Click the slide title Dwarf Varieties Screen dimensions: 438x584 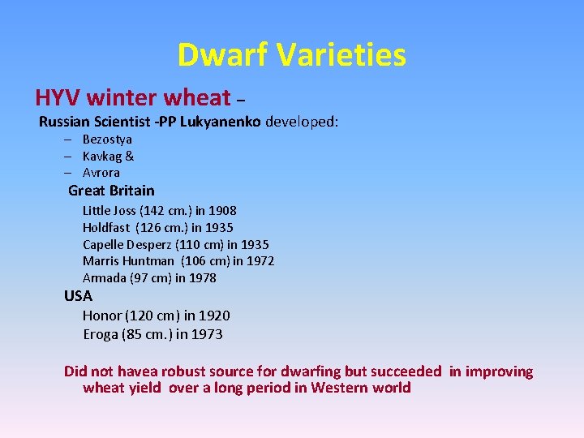tap(291, 55)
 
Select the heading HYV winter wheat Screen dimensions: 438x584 tap(133, 98)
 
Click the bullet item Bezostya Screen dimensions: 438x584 tap(107, 140)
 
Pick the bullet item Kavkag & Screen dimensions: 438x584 tap(108, 156)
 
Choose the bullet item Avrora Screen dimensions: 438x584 tap(101, 173)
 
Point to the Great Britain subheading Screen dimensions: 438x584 tap(111, 191)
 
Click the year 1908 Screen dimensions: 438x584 tap(222, 211)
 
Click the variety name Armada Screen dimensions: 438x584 tap(105, 278)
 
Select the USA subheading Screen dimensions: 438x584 tap(79, 296)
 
